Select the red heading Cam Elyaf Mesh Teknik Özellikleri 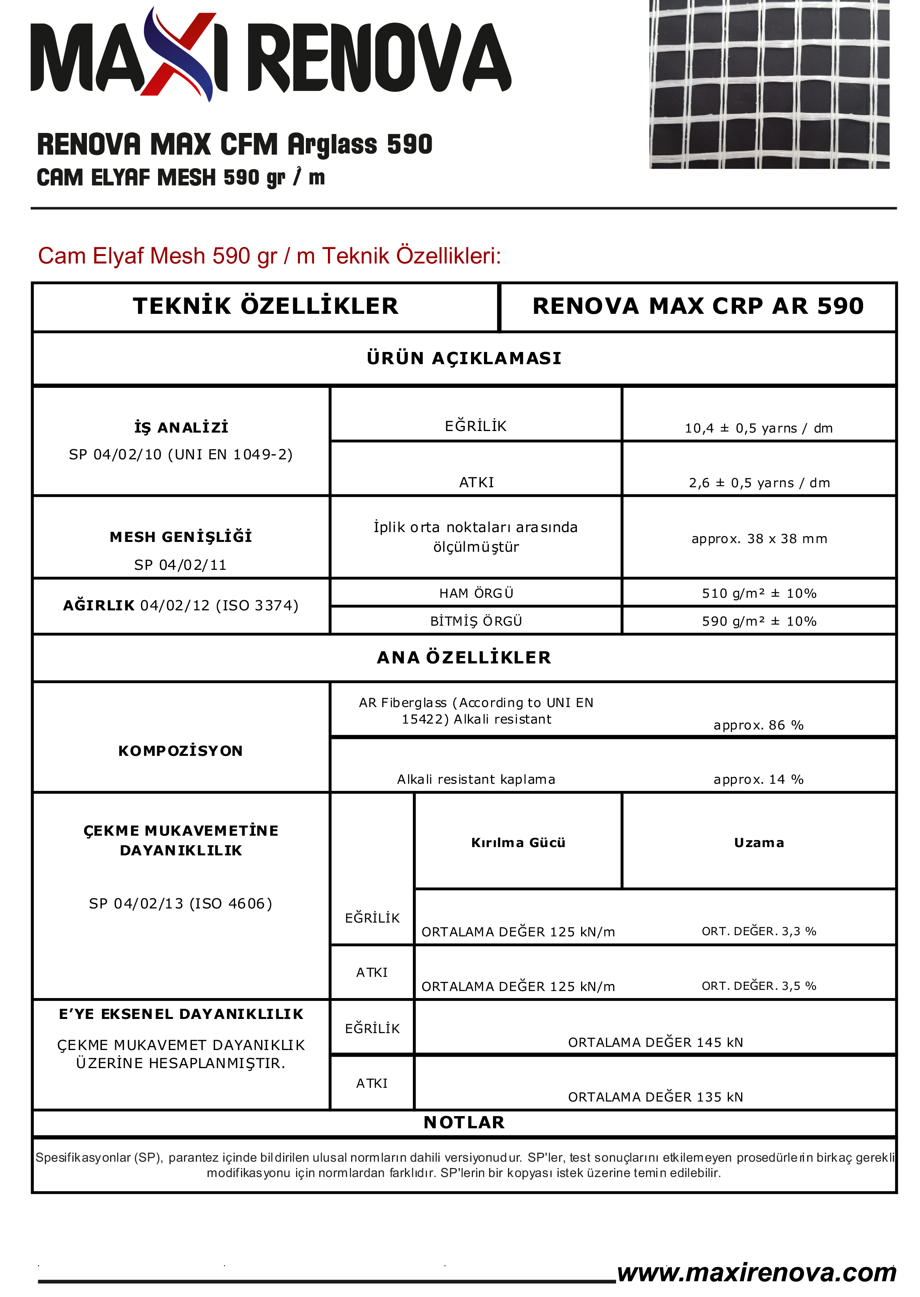pyautogui.click(x=269, y=256)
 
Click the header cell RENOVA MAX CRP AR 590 pyautogui.click(x=698, y=306)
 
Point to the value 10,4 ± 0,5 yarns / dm pyautogui.click(x=758, y=428)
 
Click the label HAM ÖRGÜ pyautogui.click(x=476, y=593)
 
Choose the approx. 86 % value pyautogui.click(x=758, y=725)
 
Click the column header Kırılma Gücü pyautogui.click(x=518, y=842)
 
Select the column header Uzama pyautogui.click(x=758, y=842)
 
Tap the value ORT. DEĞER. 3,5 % pyautogui.click(x=758, y=986)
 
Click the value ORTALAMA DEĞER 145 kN pyautogui.click(x=655, y=1043)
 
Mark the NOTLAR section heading pyautogui.click(x=464, y=1122)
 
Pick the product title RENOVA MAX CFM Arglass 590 pyautogui.click(x=235, y=144)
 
